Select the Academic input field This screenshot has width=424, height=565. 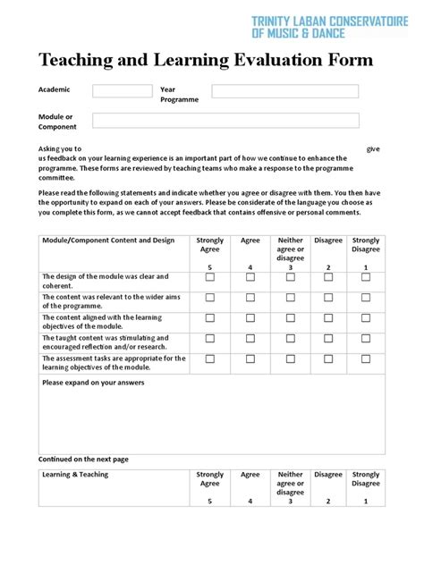(123, 91)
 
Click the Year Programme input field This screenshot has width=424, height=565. (284, 91)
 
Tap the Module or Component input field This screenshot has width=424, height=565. (225, 120)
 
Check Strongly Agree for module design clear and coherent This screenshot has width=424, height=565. (210, 278)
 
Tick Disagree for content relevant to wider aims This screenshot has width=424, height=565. (328, 298)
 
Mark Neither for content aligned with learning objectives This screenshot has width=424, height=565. (290, 318)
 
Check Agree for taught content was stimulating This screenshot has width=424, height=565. (250, 339)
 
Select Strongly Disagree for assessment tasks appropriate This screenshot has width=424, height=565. (365, 358)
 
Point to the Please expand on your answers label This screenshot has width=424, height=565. (93, 383)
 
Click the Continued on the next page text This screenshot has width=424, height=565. (83, 460)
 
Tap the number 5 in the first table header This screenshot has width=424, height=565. (210, 268)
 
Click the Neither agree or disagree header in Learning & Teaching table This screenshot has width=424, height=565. (290, 484)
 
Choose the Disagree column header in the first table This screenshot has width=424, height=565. (328, 240)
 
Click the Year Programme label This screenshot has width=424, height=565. (179, 95)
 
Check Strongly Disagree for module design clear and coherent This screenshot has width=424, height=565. (365, 278)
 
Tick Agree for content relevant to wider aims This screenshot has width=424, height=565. (250, 298)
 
